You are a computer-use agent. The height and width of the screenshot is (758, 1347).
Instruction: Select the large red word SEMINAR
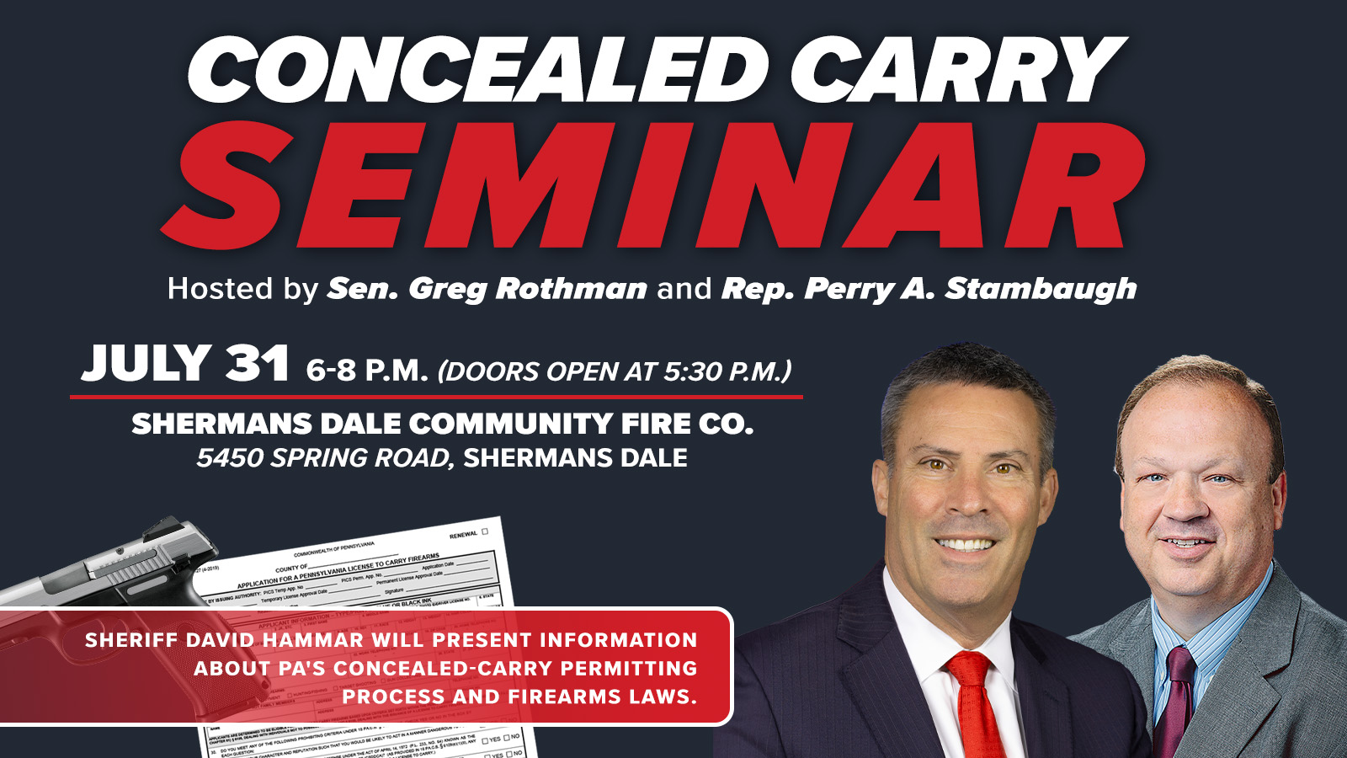[x=652, y=187]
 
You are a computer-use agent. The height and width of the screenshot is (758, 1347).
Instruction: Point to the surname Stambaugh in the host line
[x=1041, y=289]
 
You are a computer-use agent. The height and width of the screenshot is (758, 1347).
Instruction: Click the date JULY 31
[x=185, y=364]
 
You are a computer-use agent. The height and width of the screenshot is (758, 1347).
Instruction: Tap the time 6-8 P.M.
[x=367, y=370]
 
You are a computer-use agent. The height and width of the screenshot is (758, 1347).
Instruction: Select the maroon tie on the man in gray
[x=1174, y=699]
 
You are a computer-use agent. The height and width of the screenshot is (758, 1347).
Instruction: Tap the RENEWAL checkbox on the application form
[x=484, y=531]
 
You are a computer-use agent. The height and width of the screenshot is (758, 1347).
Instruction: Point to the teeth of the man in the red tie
[x=966, y=544]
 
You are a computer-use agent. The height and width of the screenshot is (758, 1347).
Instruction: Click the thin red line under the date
[x=436, y=396]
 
